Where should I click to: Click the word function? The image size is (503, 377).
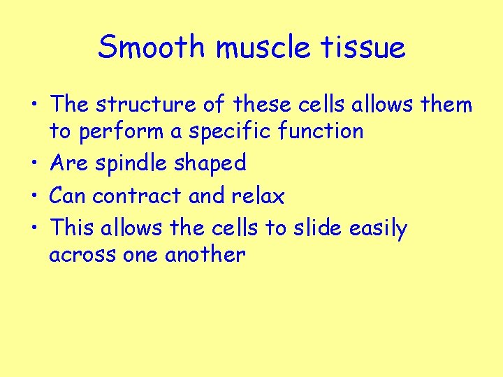click(x=324, y=131)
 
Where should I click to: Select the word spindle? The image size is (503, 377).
click(x=129, y=163)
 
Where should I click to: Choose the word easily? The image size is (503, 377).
click(x=379, y=229)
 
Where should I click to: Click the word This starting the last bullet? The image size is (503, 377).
click(x=72, y=228)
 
